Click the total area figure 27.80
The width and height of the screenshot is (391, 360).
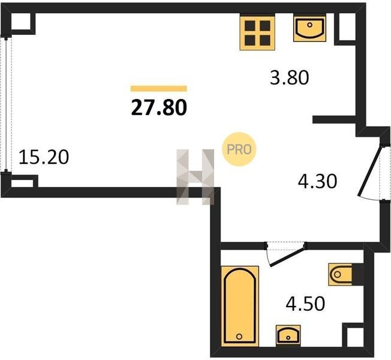click(159, 107)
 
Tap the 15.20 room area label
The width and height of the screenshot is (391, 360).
click(44, 157)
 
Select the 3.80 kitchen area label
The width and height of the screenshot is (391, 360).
click(290, 77)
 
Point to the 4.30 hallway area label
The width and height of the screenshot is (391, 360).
click(317, 181)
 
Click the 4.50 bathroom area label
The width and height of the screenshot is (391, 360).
click(305, 304)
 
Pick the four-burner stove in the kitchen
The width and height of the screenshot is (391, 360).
click(257, 32)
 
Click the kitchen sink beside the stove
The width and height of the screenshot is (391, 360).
click(309, 28)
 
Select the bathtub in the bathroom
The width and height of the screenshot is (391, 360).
click(240, 306)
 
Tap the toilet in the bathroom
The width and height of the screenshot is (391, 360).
click(343, 274)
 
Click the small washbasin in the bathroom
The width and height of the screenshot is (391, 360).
click(288, 335)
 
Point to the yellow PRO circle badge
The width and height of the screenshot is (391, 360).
click(239, 149)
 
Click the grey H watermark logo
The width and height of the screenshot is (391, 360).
click(195, 177)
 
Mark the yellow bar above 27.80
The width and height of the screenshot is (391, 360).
click(159, 89)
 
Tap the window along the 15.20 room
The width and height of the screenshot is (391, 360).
click(6, 103)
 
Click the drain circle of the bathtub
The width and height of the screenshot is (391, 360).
click(239, 336)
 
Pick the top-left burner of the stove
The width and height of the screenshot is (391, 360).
click(250, 25)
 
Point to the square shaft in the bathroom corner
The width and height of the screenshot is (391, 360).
click(353, 335)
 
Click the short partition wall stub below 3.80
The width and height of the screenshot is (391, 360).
click(334, 120)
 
